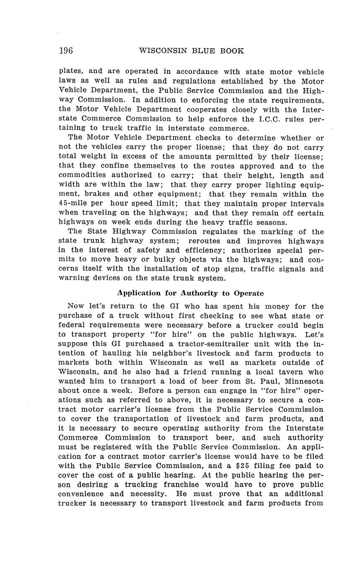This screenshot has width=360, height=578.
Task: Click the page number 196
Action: tap(66, 51)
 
